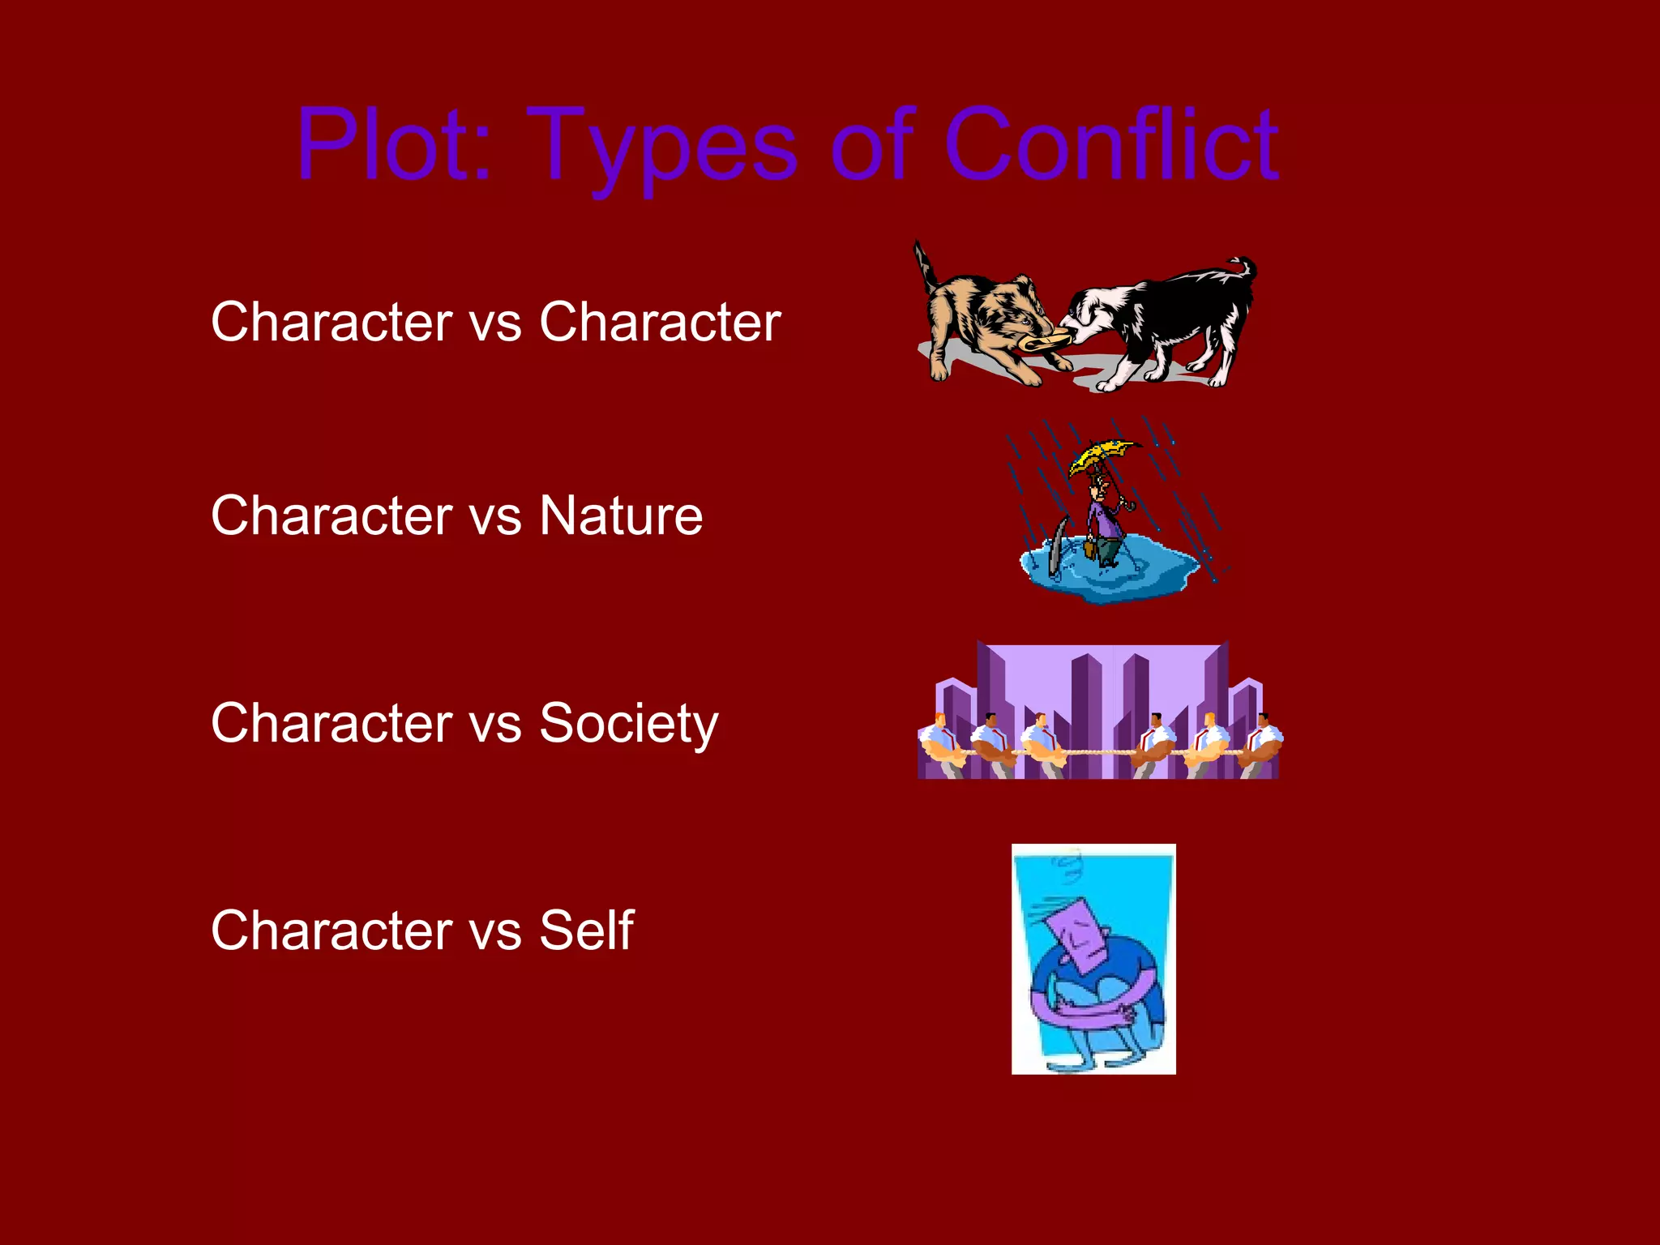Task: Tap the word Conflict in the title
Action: point(1110,146)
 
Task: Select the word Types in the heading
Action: point(665,150)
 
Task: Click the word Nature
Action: point(621,516)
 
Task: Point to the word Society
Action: point(628,724)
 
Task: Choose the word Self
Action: point(586,931)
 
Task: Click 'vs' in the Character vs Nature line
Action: point(496,517)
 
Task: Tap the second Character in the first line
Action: point(660,323)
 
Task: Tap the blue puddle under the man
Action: point(1110,575)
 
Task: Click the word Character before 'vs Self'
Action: point(332,931)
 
